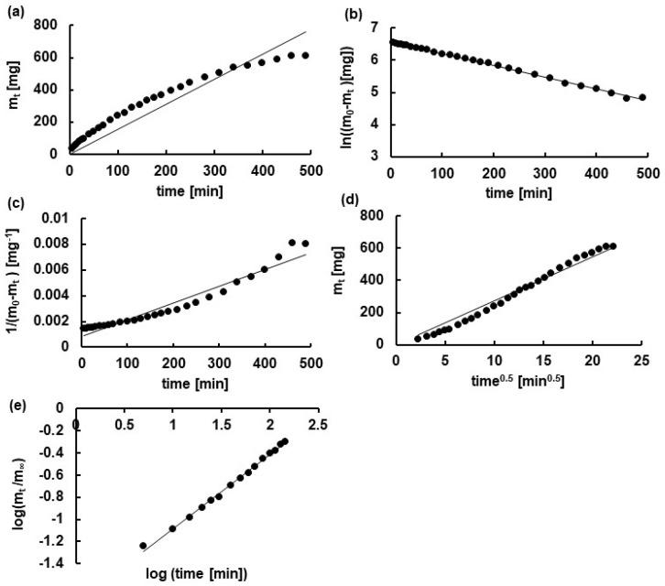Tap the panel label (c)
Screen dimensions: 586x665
(13, 203)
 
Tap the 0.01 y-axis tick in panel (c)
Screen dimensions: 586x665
(58, 217)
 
